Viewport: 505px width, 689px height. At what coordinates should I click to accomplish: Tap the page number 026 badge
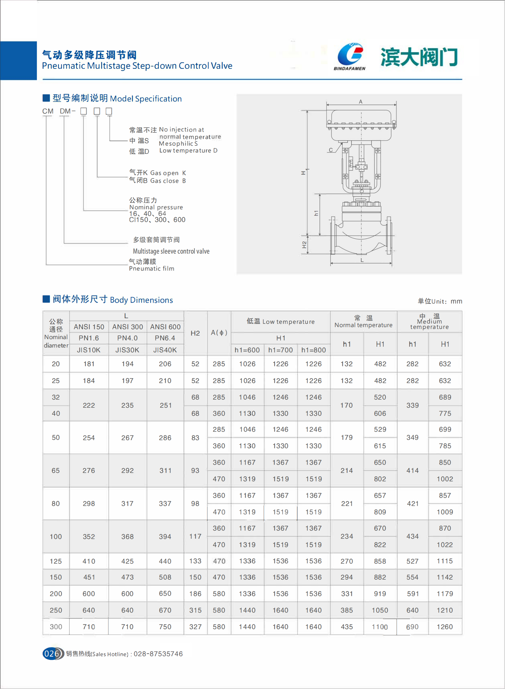coord(52,654)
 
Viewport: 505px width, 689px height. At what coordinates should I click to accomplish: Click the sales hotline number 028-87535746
coord(158,654)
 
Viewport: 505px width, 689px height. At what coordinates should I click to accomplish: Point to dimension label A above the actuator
coord(361,102)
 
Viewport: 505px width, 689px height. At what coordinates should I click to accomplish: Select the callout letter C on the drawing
coord(331,150)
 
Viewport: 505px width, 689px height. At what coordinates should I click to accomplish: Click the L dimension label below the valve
coord(362,260)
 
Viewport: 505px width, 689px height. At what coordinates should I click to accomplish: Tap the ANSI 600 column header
coord(165,327)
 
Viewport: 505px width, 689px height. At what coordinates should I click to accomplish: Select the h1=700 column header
coord(280,350)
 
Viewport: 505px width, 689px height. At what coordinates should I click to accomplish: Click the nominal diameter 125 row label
coord(56,561)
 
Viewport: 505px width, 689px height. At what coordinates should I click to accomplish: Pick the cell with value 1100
coord(380,627)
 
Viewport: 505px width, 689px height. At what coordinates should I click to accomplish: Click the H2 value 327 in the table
coord(195,627)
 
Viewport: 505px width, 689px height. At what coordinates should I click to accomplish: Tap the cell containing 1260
coord(445,627)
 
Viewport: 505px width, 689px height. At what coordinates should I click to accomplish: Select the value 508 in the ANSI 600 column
coord(165,577)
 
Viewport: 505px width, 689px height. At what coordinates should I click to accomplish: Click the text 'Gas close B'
coord(168,181)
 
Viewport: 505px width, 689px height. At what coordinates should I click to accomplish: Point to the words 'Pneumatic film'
coord(152,269)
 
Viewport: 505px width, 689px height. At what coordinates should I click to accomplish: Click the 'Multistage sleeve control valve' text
coord(171,251)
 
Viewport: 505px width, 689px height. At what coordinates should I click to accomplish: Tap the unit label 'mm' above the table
coord(456,301)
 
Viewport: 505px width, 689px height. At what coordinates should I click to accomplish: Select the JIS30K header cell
coord(127,350)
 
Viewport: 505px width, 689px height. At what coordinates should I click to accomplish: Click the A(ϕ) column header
coord(219,333)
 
